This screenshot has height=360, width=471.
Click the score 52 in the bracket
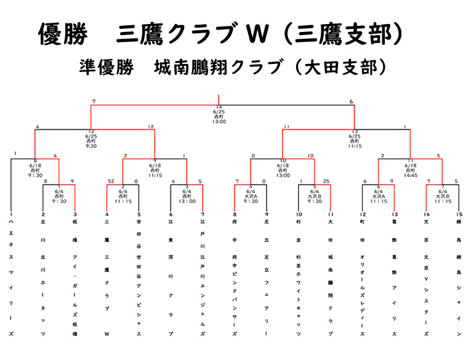pyautogui.click(x=111, y=181)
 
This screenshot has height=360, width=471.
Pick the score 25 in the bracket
pyautogui.click(x=326, y=181)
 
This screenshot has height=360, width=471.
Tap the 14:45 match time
pyautogui.click(x=411, y=174)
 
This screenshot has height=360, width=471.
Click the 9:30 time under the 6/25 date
pyautogui.click(x=91, y=146)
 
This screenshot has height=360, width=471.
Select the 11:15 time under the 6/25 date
pyautogui.click(x=355, y=146)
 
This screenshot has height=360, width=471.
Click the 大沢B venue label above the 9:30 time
pyautogui.click(x=314, y=195)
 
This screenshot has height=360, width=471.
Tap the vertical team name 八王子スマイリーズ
pyautogui.click(x=11, y=277)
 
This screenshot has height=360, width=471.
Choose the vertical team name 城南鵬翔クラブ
pyautogui.click(x=331, y=277)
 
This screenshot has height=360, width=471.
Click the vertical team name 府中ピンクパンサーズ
pyautogui.click(x=235, y=277)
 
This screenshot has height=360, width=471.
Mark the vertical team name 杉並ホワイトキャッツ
pyautogui.click(x=299, y=277)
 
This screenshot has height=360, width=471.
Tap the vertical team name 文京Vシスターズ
pyautogui.click(x=427, y=277)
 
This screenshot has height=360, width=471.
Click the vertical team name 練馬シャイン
pyautogui.click(x=459, y=277)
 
